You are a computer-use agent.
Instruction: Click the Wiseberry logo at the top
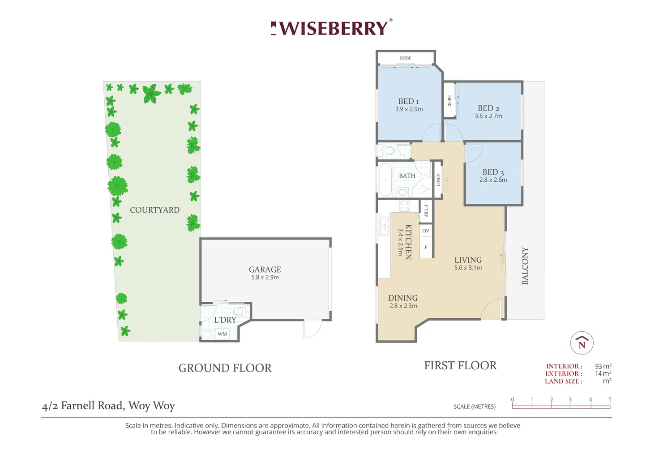coord(332,28)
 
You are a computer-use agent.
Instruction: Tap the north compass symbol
coord(582,343)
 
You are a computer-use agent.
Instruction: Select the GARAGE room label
coord(265,269)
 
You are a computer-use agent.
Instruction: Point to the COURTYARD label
coord(155,210)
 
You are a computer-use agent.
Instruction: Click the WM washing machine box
coord(222,334)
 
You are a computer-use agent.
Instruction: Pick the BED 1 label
coord(409,102)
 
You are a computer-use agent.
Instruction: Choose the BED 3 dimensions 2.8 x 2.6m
coord(493,180)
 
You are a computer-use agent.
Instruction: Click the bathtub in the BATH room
coord(385,180)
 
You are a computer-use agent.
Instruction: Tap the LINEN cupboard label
coord(438,180)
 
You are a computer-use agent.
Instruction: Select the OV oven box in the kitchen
coord(426,231)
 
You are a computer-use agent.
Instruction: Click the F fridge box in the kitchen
coord(426,248)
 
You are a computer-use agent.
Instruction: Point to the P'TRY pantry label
coord(426,211)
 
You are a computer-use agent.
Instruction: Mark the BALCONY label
coord(525,266)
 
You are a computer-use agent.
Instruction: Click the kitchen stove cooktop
coord(405,206)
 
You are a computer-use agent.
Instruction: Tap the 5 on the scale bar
coord(610,399)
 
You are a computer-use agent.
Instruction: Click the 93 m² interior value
coord(603,366)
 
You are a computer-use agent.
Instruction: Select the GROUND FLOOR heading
coord(225,368)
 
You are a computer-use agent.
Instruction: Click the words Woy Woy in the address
coord(151,406)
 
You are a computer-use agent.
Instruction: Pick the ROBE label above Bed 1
coord(406,58)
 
